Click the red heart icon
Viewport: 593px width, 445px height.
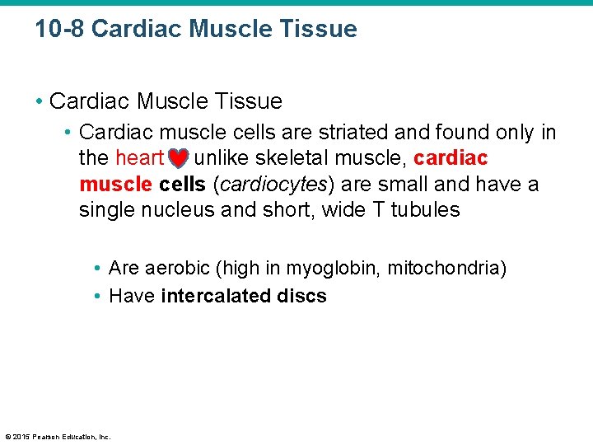[179, 157]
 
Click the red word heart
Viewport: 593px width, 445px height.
[139, 157]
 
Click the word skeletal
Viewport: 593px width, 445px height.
[285, 157]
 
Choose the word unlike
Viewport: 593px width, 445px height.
[220, 157]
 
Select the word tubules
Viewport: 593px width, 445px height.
[425, 210]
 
